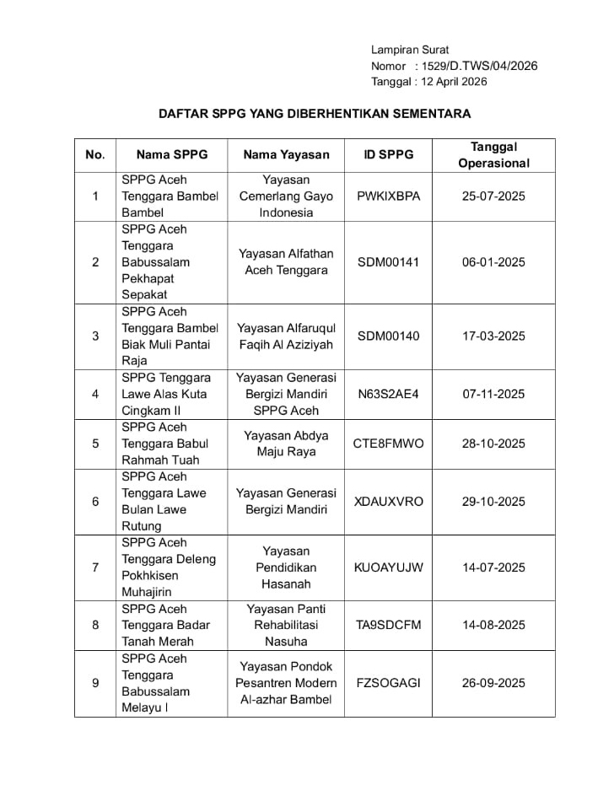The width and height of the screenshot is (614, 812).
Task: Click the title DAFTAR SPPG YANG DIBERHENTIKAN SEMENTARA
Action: pos(315,113)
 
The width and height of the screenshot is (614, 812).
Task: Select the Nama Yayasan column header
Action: pos(286,155)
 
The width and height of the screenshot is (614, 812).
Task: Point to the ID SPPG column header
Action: pos(389,155)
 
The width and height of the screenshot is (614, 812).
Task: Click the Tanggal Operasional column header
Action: pos(493,155)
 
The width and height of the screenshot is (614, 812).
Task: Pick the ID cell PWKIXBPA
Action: pos(389,196)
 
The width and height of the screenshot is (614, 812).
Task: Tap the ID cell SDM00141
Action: pos(389,262)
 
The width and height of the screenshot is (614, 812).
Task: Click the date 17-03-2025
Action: pos(493,336)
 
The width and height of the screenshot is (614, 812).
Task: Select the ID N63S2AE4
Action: pos(389,394)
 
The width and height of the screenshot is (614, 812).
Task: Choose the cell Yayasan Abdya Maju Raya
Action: pos(286,444)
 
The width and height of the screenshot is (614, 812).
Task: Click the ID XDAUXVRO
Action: pos(389,502)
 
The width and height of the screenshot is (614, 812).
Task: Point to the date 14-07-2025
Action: pos(493,567)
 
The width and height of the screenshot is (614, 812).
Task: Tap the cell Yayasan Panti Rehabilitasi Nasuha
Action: pos(286,625)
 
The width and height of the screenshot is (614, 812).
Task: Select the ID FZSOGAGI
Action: pos(389,683)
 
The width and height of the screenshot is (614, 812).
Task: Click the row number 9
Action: pos(95,683)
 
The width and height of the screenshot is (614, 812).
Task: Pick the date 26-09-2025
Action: pos(493,683)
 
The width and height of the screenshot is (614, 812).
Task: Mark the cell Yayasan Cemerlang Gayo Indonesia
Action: pos(286,196)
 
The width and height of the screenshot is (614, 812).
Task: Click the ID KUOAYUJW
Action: pos(389,567)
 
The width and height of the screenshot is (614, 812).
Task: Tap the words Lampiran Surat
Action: pos(410,50)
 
